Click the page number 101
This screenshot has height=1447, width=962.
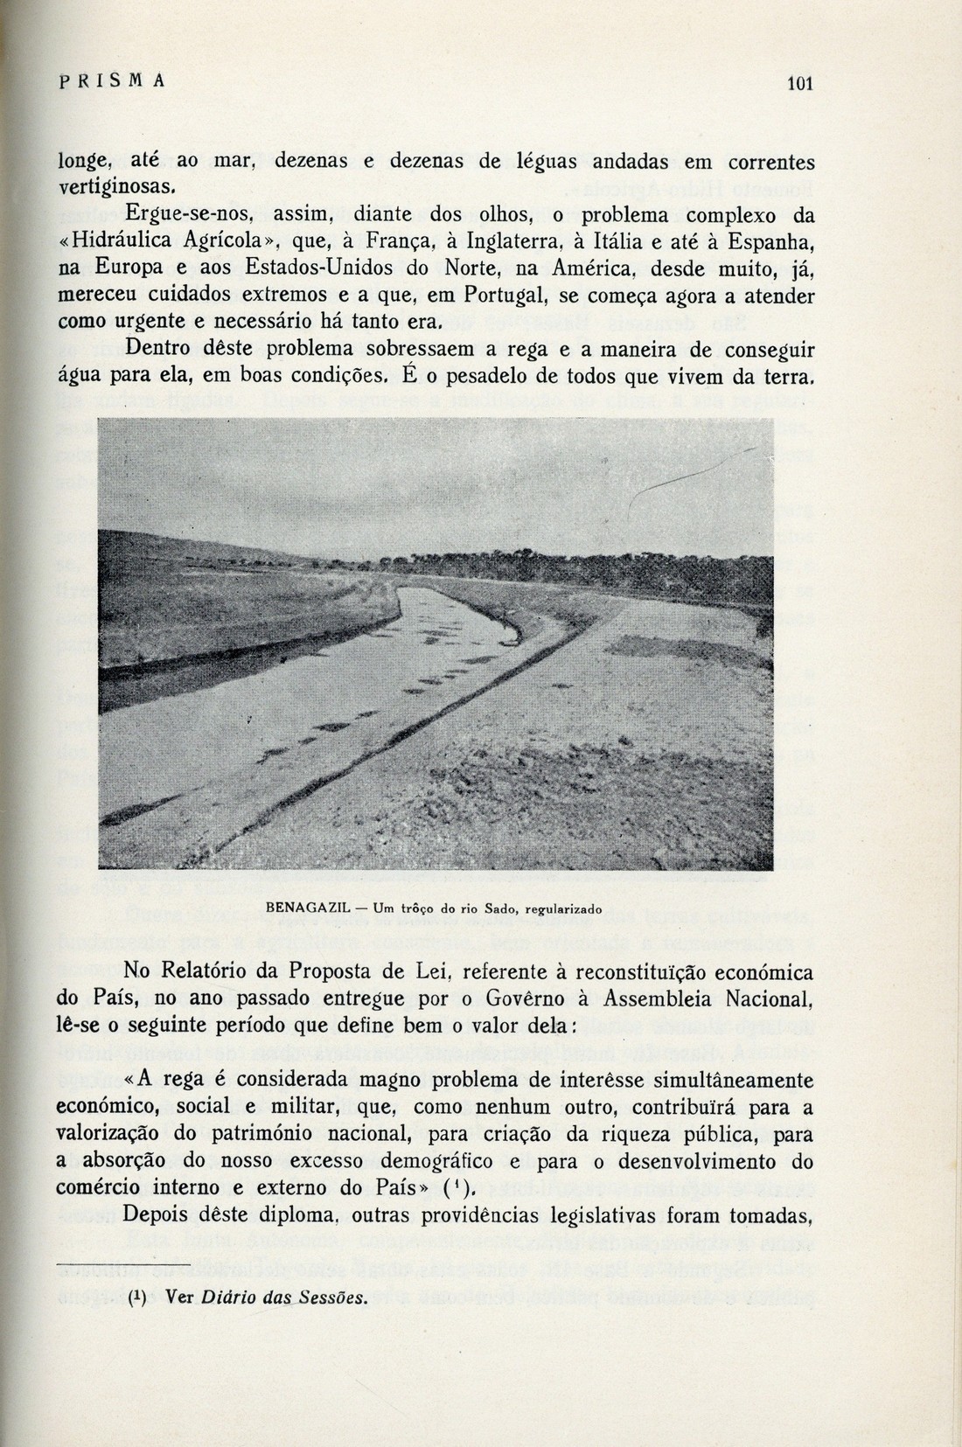click(x=800, y=84)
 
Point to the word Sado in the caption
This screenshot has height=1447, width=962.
click(x=502, y=908)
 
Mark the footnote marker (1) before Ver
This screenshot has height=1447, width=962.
click(x=136, y=1297)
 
